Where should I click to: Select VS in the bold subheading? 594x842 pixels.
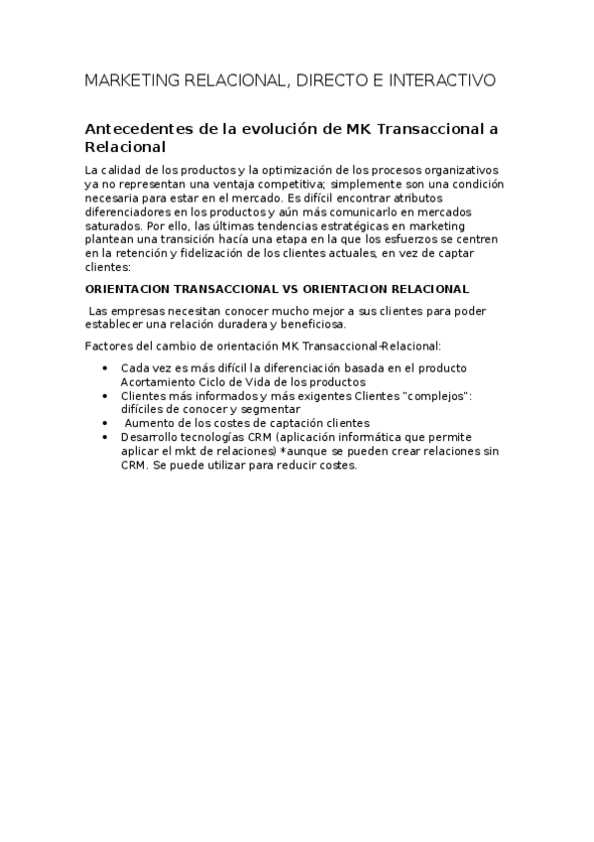click(x=284, y=289)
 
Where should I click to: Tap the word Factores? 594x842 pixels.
click(x=110, y=346)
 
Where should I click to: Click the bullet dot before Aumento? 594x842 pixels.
click(x=106, y=422)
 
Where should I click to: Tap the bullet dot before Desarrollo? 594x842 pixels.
click(x=106, y=436)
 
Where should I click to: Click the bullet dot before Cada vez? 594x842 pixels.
click(x=106, y=368)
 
